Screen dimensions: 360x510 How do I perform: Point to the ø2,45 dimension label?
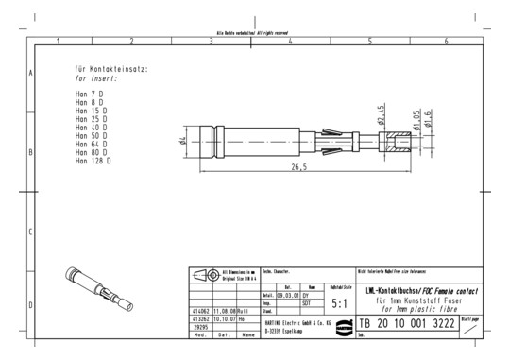coord(380,114)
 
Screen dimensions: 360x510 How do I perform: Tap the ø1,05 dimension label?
coord(414,119)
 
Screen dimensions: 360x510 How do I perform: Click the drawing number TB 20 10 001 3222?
coord(407,324)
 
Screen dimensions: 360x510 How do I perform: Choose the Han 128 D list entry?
coord(93,162)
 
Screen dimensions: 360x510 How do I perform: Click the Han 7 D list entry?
coord(89,94)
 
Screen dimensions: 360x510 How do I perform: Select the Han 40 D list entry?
coord(91,128)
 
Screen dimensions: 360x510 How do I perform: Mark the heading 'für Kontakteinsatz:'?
coord(110,69)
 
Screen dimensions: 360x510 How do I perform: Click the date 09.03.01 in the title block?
coord(287,296)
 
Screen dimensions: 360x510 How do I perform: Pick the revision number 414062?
coord(200,311)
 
